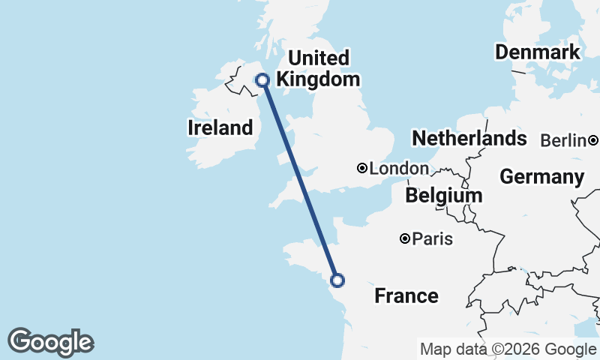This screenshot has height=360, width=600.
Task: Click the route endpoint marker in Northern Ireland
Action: click(262, 80)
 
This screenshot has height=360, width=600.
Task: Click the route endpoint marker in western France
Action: click(337, 280)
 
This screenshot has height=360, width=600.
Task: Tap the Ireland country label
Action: click(220, 127)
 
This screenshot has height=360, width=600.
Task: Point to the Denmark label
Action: click(537, 52)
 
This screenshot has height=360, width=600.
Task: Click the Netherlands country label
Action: click(469, 138)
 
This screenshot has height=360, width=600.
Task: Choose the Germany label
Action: click(541, 177)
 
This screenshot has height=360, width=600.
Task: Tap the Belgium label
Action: click(443, 196)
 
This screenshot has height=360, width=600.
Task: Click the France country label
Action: click(406, 295)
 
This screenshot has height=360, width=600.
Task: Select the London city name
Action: click(399, 169)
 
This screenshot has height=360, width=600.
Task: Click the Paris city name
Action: click(433, 239)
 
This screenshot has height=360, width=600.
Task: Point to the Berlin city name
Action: click(562, 140)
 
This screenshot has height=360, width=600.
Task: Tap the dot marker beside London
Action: click(362, 169)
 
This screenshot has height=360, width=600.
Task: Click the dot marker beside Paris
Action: click(405, 239)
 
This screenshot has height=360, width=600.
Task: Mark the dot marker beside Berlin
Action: click(593, 140)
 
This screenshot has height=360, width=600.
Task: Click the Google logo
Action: click(50, 342)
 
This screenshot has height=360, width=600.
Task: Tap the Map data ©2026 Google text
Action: click(508, 349)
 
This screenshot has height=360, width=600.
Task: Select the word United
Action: click(319, 58)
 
